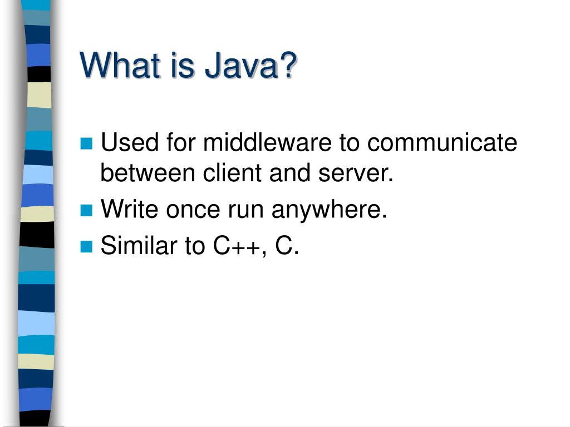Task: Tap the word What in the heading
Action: [114, 66]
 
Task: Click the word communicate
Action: [442, 143]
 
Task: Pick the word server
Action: [355, 173]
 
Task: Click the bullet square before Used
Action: [86, 144]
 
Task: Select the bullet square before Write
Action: [86, 210]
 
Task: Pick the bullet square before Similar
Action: [86, 246]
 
